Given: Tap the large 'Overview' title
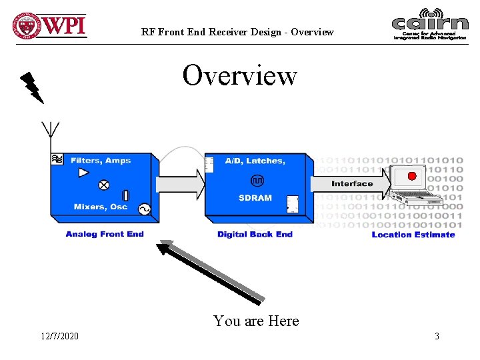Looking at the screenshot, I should click(x=239, y=75).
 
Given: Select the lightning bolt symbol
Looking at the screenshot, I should click(x=31, y=87).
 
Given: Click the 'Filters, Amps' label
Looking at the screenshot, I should click(x=100, y=161).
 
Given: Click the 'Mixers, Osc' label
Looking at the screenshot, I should click(x=101, y=207).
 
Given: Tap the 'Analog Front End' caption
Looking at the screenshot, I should click(x=105, y=234).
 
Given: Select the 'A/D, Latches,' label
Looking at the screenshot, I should click(x=255, y=161).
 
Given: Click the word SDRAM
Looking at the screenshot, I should click(x=255, y=198).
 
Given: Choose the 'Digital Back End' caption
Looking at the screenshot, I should click(x=255, y=235).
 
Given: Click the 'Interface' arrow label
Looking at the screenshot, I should click(x=352, y=184).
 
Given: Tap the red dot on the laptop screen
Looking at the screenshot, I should click(x=411, y=176).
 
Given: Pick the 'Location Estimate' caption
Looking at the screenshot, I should click(x=413, y=235).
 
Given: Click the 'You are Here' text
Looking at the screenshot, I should click(x=256, y=321).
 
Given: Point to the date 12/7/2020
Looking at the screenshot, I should click(x=59, y=336).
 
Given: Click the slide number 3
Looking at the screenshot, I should click(x=437, y=336).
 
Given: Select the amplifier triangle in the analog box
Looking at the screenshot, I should click(x=83, y=173).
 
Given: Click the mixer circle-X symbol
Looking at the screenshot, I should click(x=104, y=185).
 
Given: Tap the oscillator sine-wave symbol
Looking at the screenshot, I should click(x=144, y=209).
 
